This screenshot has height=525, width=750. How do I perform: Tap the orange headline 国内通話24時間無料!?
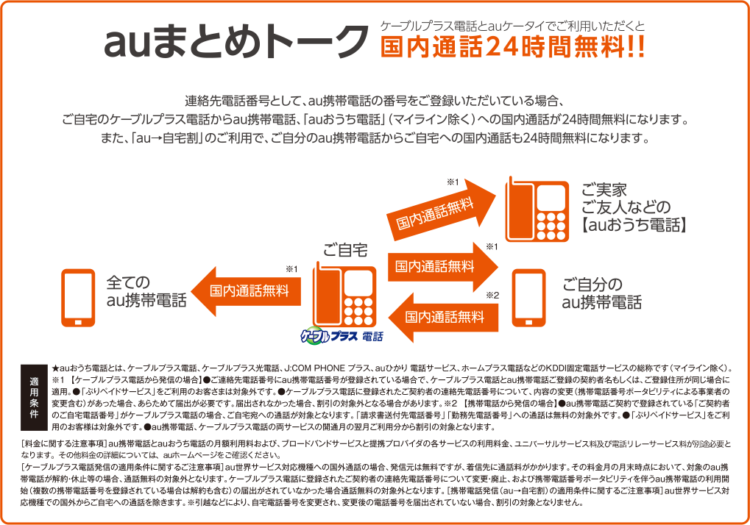[x=513, y=47]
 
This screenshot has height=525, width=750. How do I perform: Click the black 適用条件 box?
[x=34, y=398]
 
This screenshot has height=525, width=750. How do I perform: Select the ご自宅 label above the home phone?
[x=345, y=250]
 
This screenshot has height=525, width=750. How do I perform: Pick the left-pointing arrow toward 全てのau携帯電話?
[x=247, y=290]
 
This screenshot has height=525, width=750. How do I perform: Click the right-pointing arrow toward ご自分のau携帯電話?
[x=443, y=267]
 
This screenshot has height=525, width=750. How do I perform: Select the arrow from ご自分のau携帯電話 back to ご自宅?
[x=443, y=317]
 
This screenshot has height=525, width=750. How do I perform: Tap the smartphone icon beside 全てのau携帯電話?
[x=78, y=298]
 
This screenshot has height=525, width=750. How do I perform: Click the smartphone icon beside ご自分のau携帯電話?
[x=528, y=298]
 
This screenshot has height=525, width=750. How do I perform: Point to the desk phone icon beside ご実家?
[x=537, y=210]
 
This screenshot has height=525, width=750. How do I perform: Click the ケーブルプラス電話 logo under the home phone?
[x=342, y=336]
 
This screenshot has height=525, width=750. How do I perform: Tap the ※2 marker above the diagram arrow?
[x=492, y=296]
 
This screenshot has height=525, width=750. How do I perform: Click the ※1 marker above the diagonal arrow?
[x=453, y=182]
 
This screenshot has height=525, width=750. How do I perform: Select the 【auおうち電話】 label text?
[x=633, y=225]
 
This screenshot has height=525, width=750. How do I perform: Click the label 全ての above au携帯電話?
[x=128, y=282]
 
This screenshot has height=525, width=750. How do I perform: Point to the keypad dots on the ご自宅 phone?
[x=358, y=312]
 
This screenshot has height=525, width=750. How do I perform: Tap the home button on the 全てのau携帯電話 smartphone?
[x=78, y=322]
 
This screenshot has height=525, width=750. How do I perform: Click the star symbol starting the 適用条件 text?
[x=55, y=368]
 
